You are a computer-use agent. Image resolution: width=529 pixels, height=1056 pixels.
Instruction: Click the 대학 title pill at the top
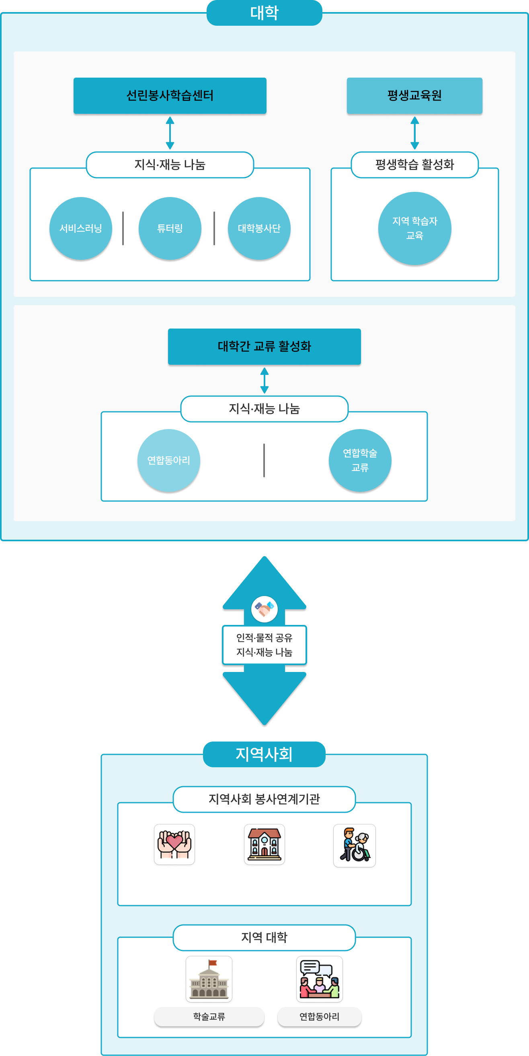pos(264,13)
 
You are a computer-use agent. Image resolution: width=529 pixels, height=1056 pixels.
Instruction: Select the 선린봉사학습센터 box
pos(170,96)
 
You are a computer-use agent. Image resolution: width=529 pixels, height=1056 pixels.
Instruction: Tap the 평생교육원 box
pos(414,96)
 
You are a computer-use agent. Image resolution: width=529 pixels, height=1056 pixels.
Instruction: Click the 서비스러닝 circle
pos(81,228)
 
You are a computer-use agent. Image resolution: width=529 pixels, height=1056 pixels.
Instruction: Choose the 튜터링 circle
pos(170,228)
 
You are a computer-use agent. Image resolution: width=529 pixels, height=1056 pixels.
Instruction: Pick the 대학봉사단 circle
pos(259,228)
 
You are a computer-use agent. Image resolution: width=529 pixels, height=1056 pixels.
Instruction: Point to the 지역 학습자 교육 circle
pos(414,228)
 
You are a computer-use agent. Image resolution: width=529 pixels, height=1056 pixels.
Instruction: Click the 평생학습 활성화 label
pos(414,165)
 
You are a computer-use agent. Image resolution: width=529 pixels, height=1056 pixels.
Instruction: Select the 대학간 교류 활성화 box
pos(264,346)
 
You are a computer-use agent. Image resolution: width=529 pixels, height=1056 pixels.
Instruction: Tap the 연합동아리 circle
pos(168,460)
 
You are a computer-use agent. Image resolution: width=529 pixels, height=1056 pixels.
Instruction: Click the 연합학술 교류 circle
pos(360,460)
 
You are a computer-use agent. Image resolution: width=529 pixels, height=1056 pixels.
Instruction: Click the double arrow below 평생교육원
pos(414,133)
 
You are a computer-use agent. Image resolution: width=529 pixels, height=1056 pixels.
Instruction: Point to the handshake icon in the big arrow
pos(264,609)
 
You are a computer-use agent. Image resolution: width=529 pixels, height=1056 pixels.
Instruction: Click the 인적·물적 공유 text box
pos(264,645)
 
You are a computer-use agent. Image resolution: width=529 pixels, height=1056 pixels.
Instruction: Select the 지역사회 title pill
pos(264,754)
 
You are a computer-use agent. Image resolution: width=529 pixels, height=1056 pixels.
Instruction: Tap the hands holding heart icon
pos(174,844)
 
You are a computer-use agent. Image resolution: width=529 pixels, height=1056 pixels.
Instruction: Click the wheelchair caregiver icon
pos(355,845)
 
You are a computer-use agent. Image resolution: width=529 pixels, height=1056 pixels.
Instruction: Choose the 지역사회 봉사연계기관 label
pos(264,799)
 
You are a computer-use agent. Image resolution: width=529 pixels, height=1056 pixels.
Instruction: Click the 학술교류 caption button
pos(209,1017)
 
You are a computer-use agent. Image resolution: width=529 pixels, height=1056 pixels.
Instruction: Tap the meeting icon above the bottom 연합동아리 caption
pos(320,979)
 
